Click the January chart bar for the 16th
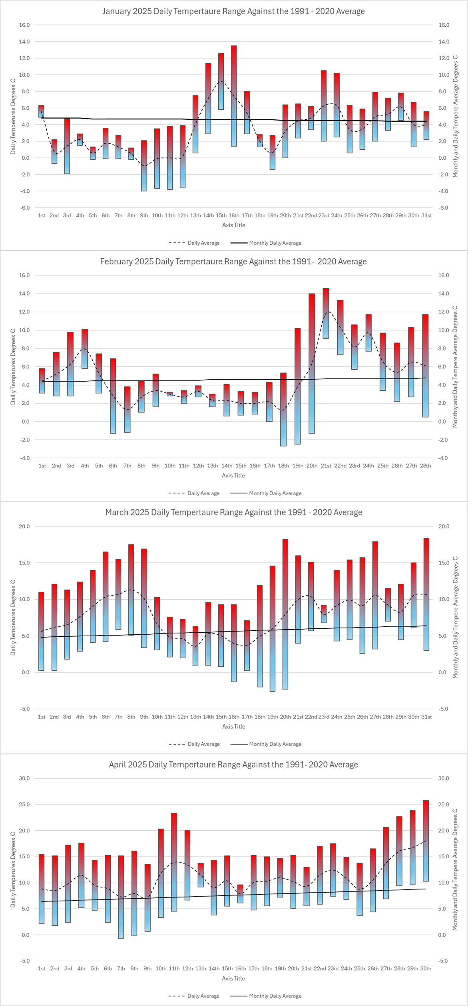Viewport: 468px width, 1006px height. pyautogui.click(x=234, y=96)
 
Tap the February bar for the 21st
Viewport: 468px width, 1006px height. pyautogui.click(x=326, y=313)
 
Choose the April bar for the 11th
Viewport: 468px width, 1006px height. pyautogui.click(x=174, y=862)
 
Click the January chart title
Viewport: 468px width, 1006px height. pyautogui.click(x=233, y=11)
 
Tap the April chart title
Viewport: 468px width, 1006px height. pyautogui.click(x=233, y=764)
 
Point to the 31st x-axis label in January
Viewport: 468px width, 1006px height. pyautogui.click(x=426, y=216)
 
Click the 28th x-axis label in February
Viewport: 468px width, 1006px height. pyautogui.click(x=425, y=466)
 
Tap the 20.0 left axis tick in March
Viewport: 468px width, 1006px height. pyautogui.click(x=24, y=527)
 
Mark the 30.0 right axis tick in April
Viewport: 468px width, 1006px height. pyautogui.click(x=444, y=778)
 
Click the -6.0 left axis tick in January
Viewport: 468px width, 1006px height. pyautogui.click(x=24, y=208)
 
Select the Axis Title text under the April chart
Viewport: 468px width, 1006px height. pyautogui.click(x=233, y=978)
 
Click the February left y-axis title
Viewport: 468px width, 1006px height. pyautogui.click(x=13, y=367)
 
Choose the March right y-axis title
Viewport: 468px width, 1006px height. pyautogui.click(x=455, y=617)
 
